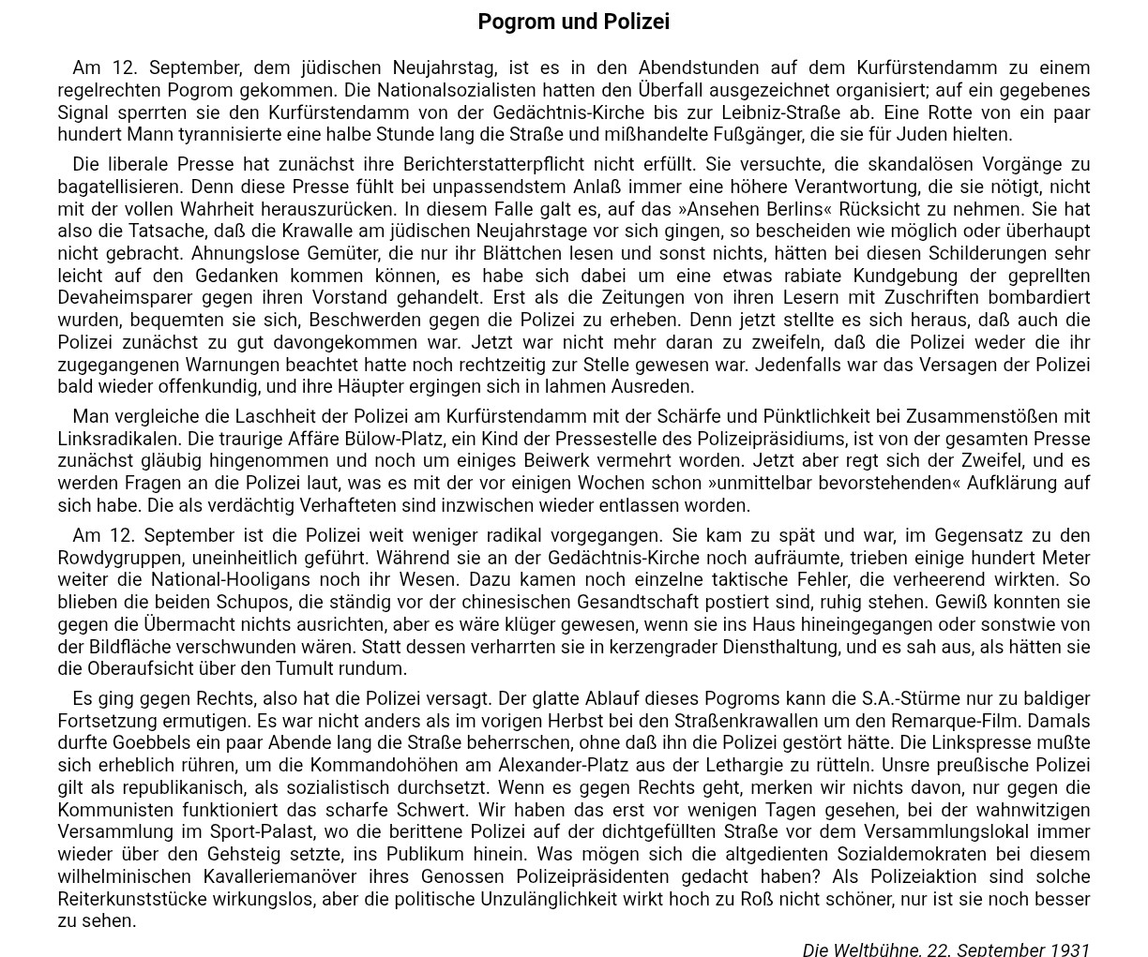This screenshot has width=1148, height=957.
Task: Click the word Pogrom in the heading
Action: pos(516,22)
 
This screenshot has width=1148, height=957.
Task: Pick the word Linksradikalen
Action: pos(119,439)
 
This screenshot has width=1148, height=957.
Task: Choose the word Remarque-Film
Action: pos(1028,721)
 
